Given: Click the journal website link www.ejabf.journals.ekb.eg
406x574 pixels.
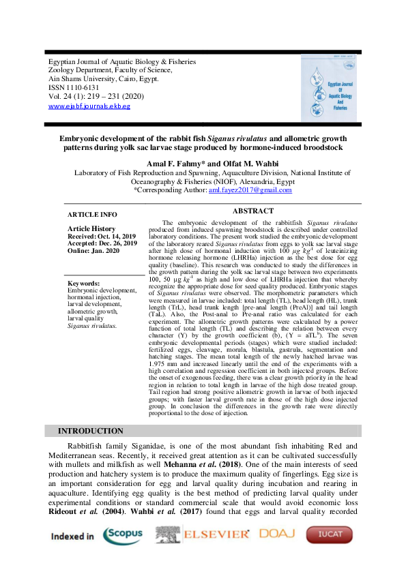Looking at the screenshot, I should coord(89,106).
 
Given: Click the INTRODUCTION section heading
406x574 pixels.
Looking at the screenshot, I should coord(91,431).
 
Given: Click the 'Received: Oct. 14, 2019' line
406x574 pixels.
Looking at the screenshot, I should coord(102,236).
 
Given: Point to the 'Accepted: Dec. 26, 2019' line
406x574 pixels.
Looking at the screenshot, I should coord(102,243).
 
